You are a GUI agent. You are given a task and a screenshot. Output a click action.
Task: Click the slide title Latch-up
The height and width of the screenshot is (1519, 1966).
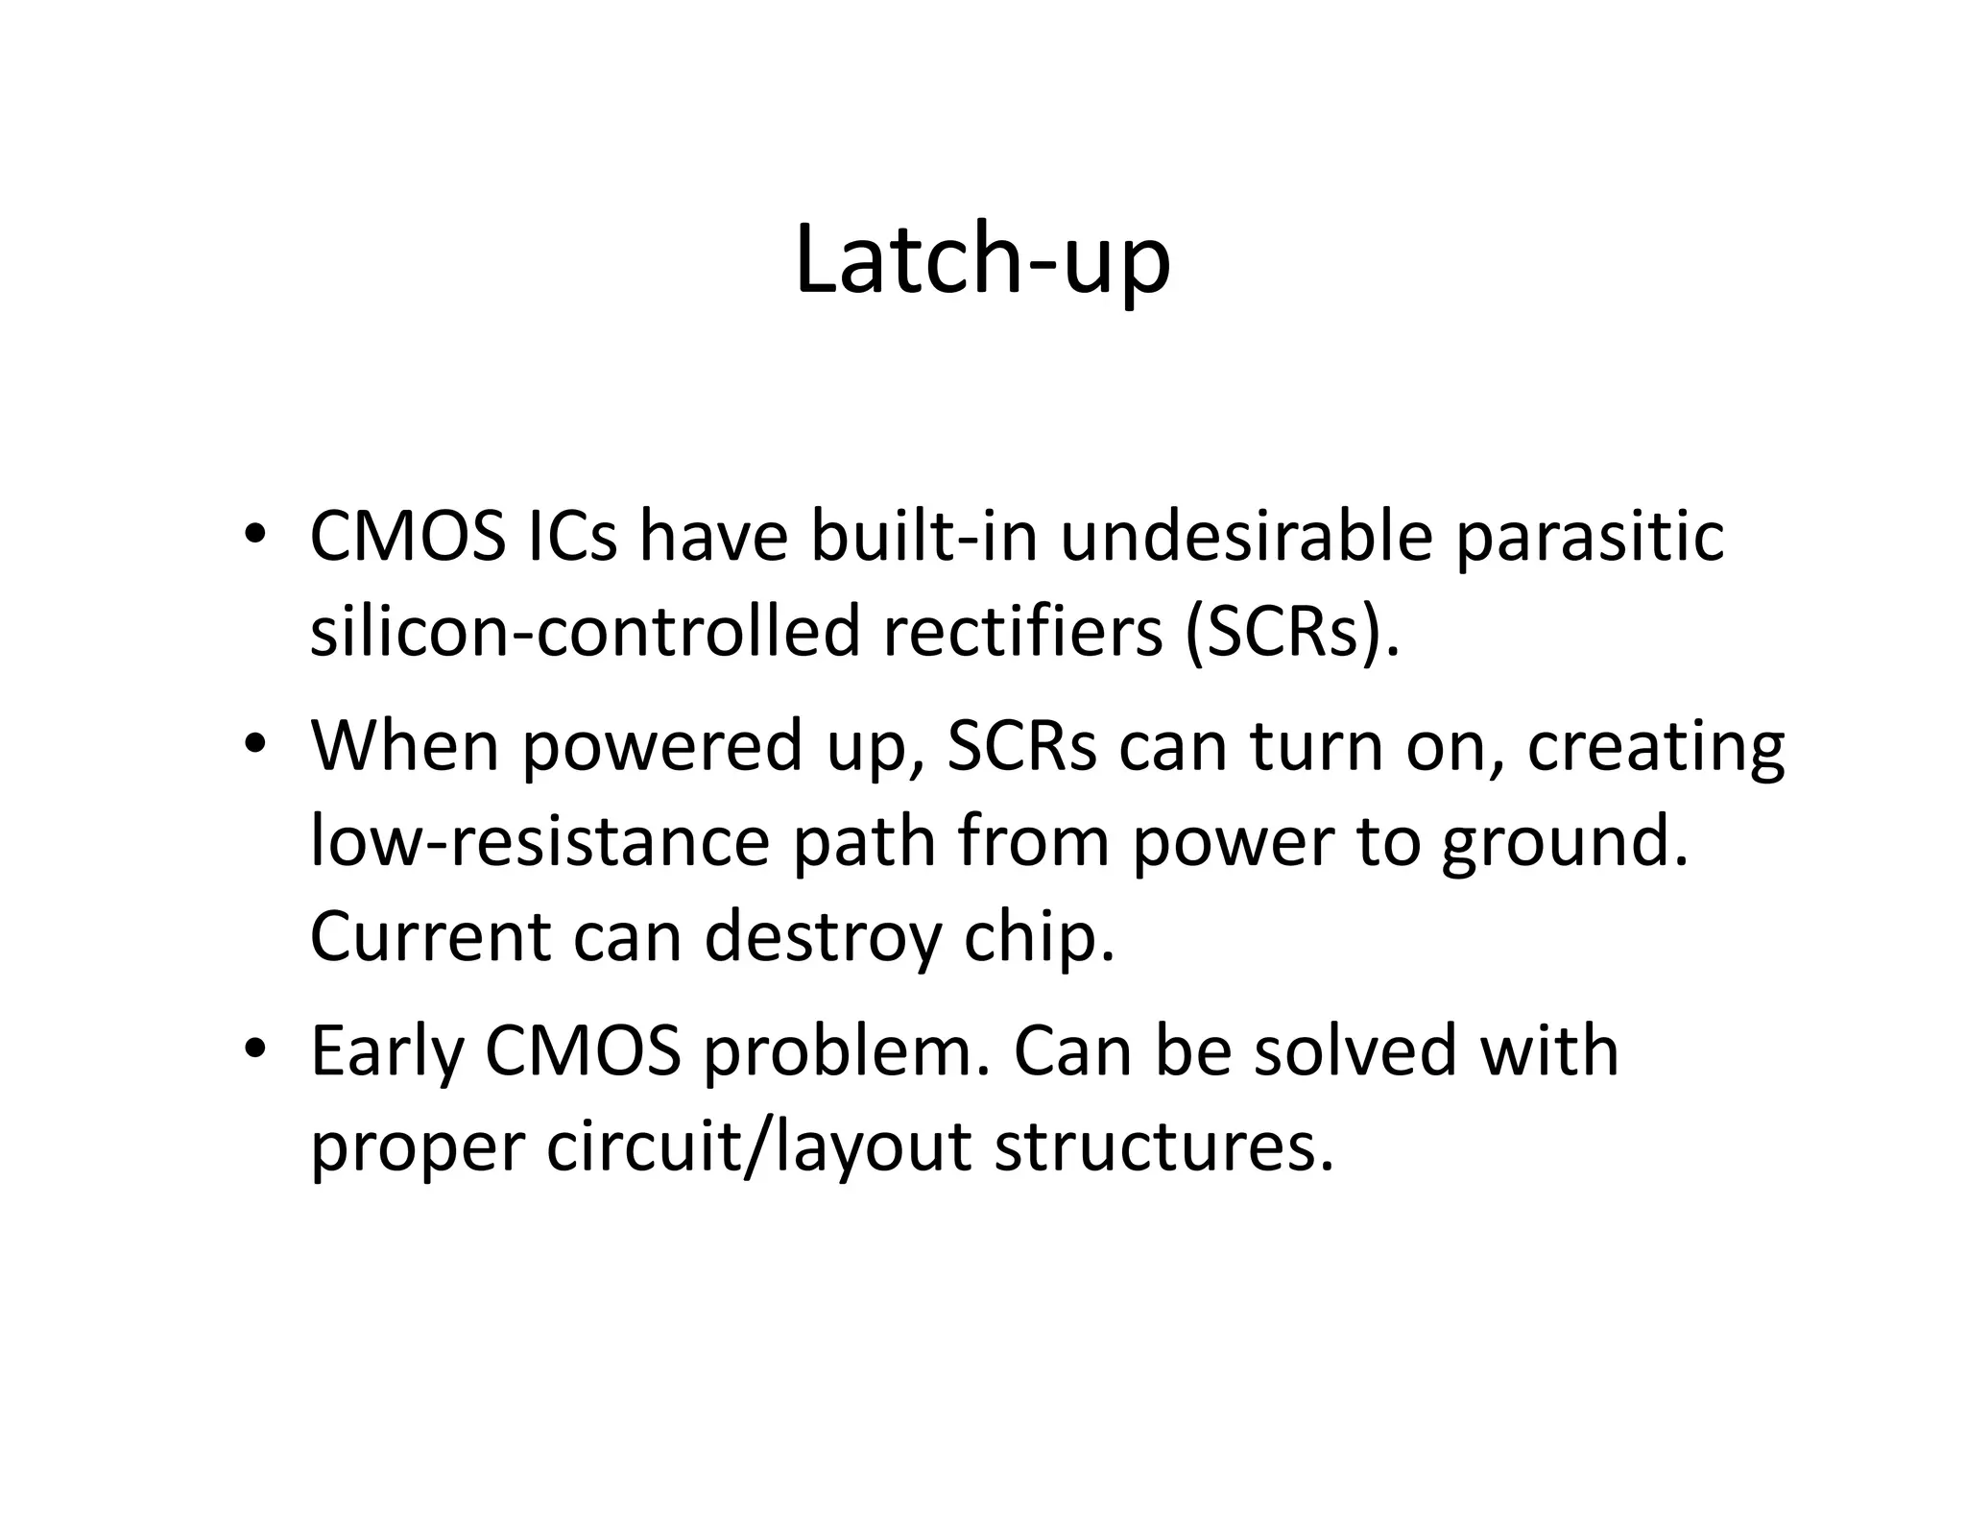pos(982,261)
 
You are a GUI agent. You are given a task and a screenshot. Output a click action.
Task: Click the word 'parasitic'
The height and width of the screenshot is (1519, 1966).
pos(1590,538)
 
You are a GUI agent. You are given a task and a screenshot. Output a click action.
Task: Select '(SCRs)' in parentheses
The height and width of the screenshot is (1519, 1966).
pos(1292,634)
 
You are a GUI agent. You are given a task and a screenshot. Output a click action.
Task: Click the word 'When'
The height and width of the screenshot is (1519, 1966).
pos(404,746)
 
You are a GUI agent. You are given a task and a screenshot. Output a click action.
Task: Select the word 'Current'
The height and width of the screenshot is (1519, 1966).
pos(429,936)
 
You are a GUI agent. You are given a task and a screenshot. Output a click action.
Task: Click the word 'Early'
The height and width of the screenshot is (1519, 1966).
pos(386,1053)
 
